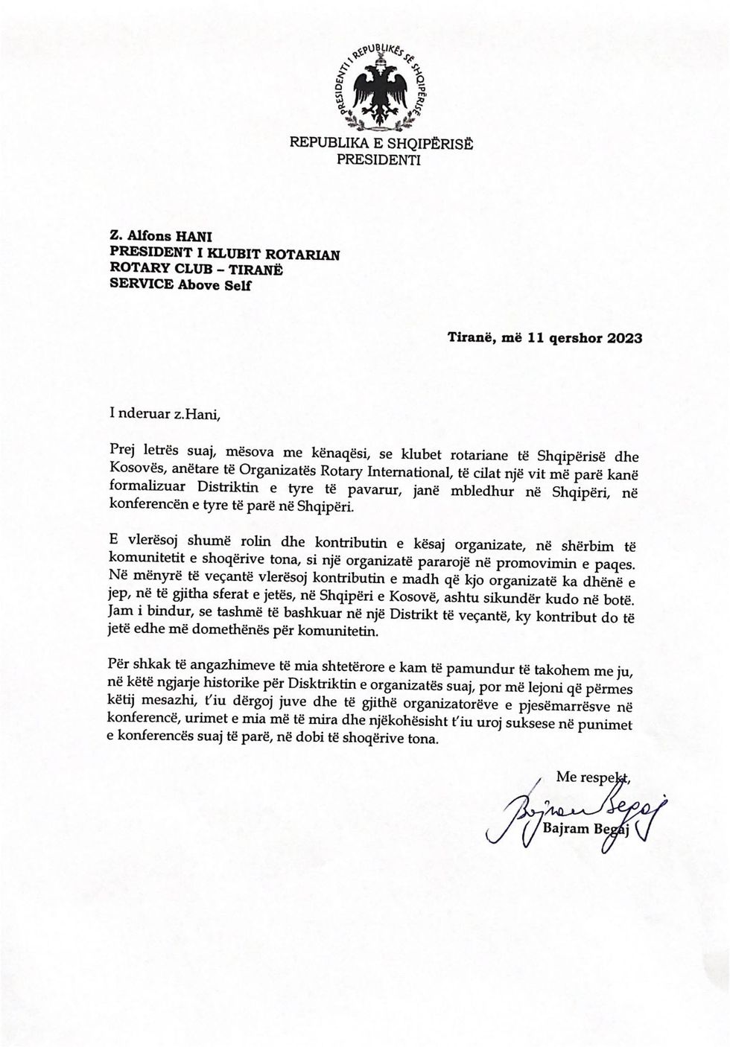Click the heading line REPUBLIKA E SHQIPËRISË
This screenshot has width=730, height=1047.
tap(381, 143)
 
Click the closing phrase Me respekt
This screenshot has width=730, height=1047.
tap(593, 777)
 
